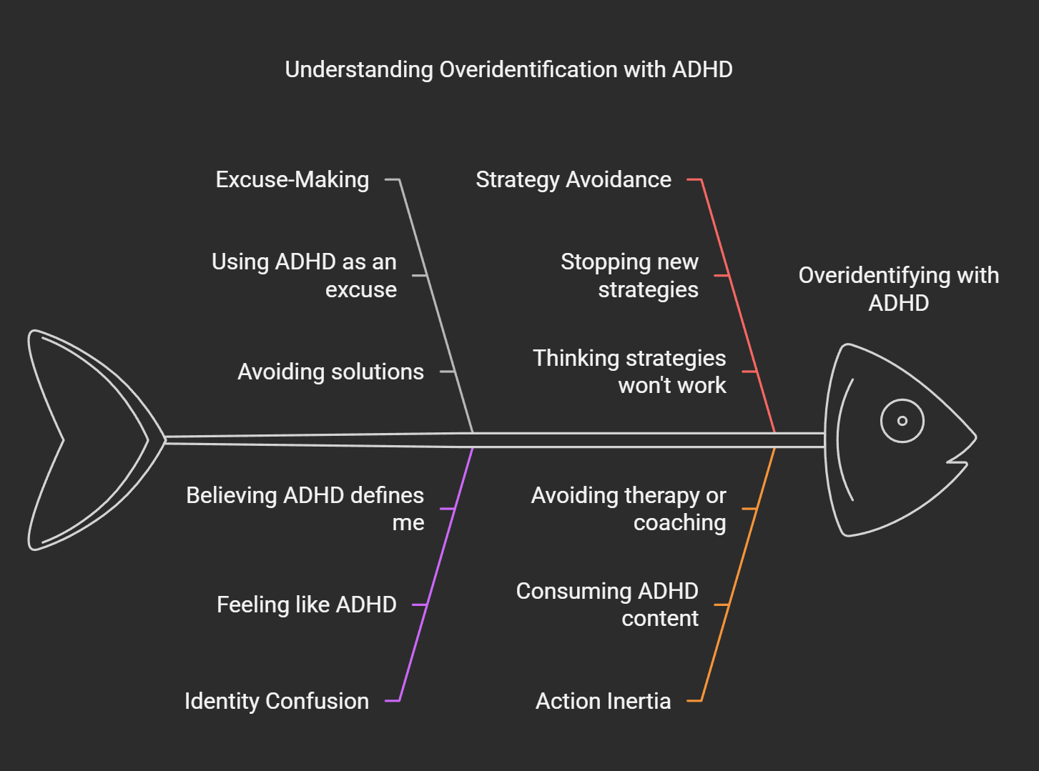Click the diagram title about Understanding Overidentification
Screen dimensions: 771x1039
coord(508,69)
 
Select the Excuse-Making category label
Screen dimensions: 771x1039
coord(292,179)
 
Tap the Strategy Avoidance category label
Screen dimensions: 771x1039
coord(573,179)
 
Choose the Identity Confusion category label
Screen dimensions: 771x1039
coord(277,701)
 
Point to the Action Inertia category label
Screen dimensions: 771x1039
coord(604,701)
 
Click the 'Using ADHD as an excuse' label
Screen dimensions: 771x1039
coord(305,275)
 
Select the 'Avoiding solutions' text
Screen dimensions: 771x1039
coord(330,372)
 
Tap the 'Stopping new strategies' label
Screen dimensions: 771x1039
coord(630,275)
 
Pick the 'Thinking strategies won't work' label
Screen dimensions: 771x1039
coord(630,372)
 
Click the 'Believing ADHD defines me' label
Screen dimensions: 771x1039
coord(305,508)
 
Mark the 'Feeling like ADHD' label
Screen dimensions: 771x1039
coord(307,605)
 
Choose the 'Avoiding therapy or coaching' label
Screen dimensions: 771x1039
coord(629,508)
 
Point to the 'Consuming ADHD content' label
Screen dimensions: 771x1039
coord(608,605)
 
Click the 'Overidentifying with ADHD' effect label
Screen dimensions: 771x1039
coord(899,289)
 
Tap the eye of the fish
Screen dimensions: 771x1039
coord(902,421)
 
